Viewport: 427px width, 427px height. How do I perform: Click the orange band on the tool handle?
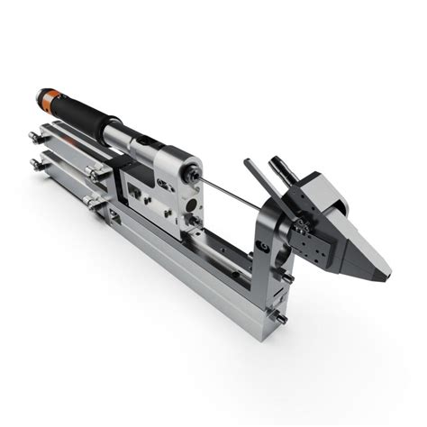click(50, 94)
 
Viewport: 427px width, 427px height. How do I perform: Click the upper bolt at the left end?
click(34, 137)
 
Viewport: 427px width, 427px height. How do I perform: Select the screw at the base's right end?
click(282, 319)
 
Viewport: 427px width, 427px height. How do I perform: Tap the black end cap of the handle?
click(39, 89)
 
